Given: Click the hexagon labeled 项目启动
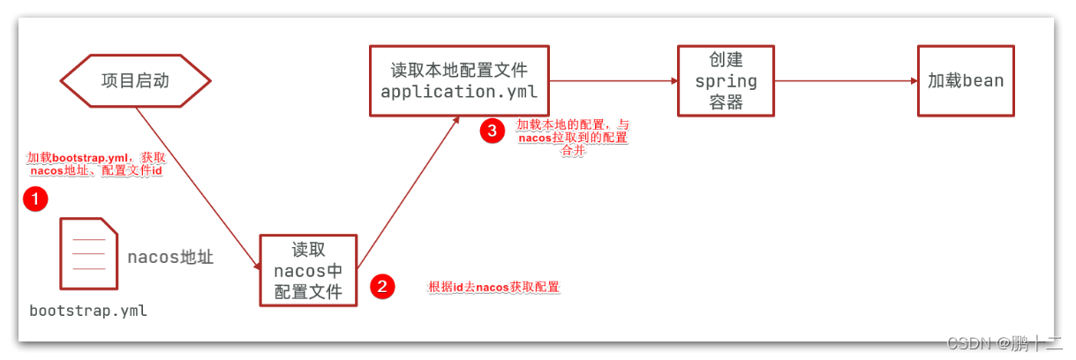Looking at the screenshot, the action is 135,81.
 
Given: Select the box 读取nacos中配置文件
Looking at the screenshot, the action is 308,270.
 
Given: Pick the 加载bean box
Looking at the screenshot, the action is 965,81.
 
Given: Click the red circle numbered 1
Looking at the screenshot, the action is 34,200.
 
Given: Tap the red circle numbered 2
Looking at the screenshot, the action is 381,286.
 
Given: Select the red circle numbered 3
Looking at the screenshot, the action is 492,131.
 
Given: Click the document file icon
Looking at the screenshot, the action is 88,254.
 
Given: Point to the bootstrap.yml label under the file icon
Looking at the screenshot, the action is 88,311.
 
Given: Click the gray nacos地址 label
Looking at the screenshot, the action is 170,258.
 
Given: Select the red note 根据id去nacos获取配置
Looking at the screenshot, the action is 493,287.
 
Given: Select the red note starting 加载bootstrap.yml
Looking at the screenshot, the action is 96,164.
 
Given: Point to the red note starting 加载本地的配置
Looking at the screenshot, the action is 572,138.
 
